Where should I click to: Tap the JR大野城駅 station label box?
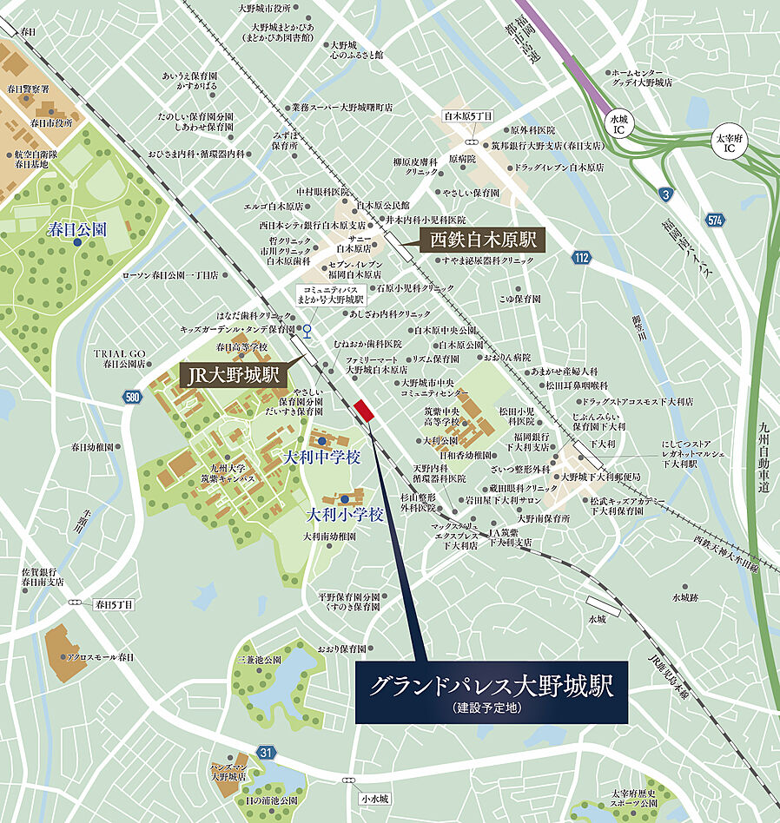pos(233,377)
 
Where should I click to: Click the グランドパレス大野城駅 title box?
pos(491,692)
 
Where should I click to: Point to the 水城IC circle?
pos(618,122)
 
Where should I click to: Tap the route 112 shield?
pos(582,257)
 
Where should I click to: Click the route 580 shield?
pos(132,397)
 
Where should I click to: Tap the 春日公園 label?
pos(76,230)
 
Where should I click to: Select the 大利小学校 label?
pos(346,514)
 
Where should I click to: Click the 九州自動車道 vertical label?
pos(763,456)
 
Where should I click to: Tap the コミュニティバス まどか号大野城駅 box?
pos(307,294)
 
